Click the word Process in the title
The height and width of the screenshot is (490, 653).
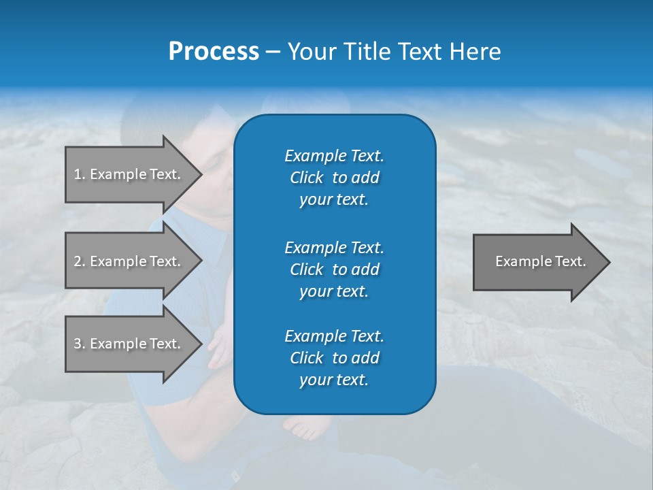214,52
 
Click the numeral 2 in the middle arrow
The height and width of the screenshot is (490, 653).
78,261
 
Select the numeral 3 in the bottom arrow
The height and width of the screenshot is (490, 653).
78,344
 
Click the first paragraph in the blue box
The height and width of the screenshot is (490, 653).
334,178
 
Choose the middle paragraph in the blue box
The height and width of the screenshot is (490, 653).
334,269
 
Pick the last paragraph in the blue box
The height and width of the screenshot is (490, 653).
334,358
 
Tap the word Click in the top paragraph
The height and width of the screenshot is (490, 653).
306,178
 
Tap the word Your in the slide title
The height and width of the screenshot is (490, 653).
309,52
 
